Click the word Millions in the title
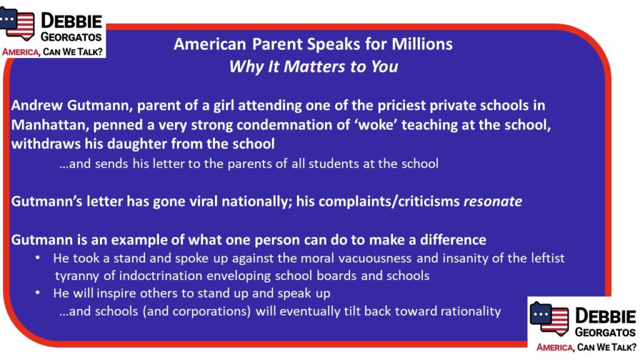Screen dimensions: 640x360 422,44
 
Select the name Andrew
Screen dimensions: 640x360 37,105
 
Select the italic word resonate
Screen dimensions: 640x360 492,201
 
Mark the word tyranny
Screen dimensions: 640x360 77,276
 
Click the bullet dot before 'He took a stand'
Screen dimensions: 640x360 37,257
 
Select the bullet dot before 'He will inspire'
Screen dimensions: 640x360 37,292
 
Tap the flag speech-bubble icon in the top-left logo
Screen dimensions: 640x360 17,24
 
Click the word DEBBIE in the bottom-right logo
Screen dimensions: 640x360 605,316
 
